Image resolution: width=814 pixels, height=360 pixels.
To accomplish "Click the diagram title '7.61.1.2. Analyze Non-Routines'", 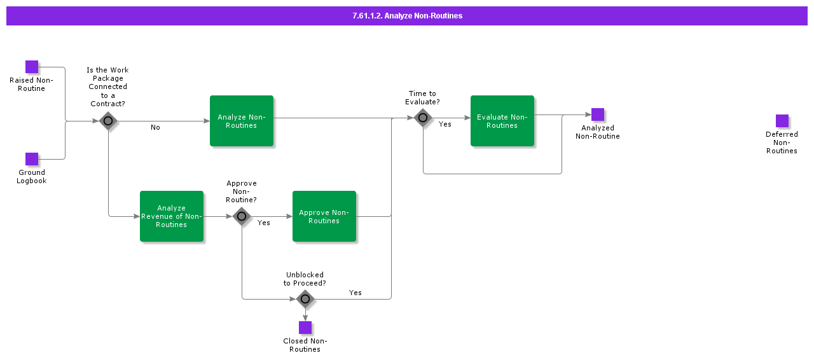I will (x=407, y=16).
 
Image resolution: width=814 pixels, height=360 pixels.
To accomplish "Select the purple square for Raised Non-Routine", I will (x=32, y=67).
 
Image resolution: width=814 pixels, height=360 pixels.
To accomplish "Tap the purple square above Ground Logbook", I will (x=32, y=159).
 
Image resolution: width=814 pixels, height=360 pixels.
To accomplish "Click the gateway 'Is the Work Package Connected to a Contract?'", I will (x=108, y=121).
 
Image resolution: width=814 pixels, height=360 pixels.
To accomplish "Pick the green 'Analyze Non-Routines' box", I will (x=242, y=121).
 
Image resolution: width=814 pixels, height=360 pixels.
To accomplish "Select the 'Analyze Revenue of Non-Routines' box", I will (x=172, y=216).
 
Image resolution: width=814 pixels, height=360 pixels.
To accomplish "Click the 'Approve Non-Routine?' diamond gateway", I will (x=242, y=216).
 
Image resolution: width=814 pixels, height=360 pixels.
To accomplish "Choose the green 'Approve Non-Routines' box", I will (x=324, y=216).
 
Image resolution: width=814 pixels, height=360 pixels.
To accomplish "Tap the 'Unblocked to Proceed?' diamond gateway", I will (x=305, y=298).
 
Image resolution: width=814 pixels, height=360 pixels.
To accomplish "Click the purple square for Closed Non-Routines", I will (x=305, y=328).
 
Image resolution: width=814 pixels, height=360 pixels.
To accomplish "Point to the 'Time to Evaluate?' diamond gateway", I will (x=423, y=118).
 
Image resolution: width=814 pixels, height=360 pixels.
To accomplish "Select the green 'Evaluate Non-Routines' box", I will (x=502, y=121).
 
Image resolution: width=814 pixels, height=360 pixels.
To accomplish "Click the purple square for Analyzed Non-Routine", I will (x=598, y=114).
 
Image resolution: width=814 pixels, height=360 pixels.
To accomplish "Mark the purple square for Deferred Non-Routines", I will (x=782, y=121).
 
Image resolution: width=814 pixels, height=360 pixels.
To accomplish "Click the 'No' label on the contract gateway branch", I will (x=155, y=128).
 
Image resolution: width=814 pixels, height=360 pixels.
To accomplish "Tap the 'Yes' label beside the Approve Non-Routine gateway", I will (x=264, y=223).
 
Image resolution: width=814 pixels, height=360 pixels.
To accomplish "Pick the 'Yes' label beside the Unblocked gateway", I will (x=355, y=293).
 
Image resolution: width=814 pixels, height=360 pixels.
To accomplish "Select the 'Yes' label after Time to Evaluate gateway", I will (x=445, y=125).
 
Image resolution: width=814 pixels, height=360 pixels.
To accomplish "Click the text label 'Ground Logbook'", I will (x=32, y=177).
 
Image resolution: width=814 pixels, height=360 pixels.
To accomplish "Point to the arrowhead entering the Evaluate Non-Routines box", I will (x=467, y=118).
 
